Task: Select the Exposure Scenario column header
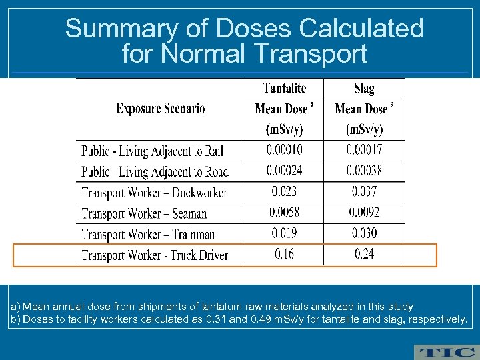[x=160, y=109]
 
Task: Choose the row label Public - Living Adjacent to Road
[x=155, y=172]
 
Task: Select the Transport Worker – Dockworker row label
[x=154, y=193]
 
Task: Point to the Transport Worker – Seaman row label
[x=144, y=214]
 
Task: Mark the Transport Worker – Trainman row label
[x=148, y=235]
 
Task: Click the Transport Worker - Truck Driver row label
[x=155, y=255]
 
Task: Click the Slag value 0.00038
[x=364, y=171]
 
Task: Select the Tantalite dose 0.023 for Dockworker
[x=284, y=192]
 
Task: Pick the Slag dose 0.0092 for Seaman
[x=364, y=213]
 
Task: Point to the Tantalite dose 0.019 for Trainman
[x=284, y=233]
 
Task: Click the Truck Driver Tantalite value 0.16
[x=284, y=255]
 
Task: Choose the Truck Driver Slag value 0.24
[x=364, y=255]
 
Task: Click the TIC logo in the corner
[x=445, y=352]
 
